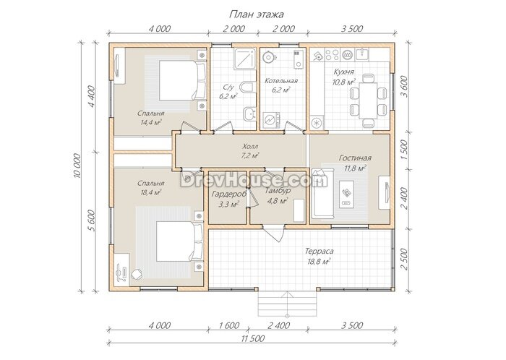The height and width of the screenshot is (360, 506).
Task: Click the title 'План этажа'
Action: (256, 14)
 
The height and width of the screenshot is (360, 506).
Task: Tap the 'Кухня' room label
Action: (343, 72)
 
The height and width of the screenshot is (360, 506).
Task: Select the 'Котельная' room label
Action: (281, 81)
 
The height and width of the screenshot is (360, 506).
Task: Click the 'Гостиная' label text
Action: (355, 158)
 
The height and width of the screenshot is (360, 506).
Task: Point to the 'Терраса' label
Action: (320, 251)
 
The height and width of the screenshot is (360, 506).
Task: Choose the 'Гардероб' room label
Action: (229, 194)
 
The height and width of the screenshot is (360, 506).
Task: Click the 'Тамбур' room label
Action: (278, 191)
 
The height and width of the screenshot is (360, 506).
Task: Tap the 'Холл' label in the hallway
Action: (250, 146)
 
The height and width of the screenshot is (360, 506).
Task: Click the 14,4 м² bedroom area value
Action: (151, 122)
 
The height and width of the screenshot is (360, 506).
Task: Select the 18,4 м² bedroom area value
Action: (150, 192)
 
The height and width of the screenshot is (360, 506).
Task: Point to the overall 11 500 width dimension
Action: (253, 338)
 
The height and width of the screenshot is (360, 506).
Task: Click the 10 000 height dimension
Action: (77, 166)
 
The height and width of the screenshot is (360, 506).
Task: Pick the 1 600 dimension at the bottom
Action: (229, 325)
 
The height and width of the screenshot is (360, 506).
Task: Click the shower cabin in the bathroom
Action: (245, 59)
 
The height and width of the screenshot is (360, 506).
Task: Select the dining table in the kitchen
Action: (368, 100)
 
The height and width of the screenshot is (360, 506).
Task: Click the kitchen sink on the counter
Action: (363, 54)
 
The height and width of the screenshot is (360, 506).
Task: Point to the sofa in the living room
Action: (322, 193)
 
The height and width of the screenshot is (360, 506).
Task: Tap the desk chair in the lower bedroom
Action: (137, 274)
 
